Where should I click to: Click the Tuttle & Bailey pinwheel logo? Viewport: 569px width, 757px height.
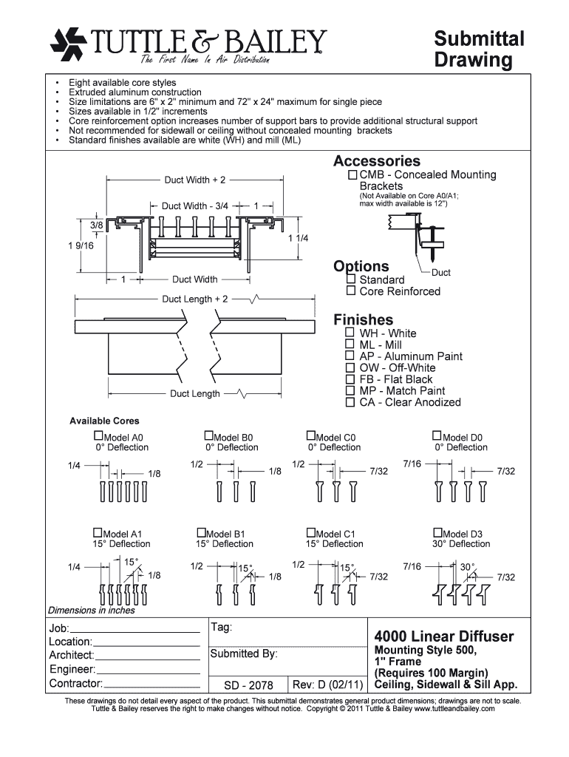click(x=69, y=44)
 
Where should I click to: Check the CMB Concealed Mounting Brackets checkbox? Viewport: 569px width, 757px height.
click(x=353, y=175)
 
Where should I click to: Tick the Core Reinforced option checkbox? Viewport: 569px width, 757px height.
click(x=351, y=291)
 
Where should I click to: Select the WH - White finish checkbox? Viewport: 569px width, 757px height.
click(x=351, y=333)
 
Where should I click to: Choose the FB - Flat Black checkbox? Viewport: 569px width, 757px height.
click(x=351, y=379)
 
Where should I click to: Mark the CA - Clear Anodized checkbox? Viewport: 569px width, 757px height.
click(x=351, y=402)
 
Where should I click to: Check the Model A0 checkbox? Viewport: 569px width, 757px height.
click(x=98, y=436)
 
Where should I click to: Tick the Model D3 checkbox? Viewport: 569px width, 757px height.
click(x=437, y=533)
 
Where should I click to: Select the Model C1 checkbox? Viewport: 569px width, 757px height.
click(x=310, y=533)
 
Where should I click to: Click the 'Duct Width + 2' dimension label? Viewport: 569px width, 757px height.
click(x=195, y=180)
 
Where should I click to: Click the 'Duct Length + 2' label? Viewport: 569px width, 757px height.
click(x=195, y=299)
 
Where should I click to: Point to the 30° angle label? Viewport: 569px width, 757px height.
click(x=467, y=567)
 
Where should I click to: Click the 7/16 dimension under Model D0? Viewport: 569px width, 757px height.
click(x=412, y=464)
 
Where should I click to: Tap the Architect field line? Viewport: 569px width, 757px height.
click(x=148, y=658)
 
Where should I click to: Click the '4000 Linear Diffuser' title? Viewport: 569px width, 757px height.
click(x=444, y=637)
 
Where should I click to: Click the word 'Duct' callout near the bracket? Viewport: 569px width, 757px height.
click(x=441, y=273)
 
